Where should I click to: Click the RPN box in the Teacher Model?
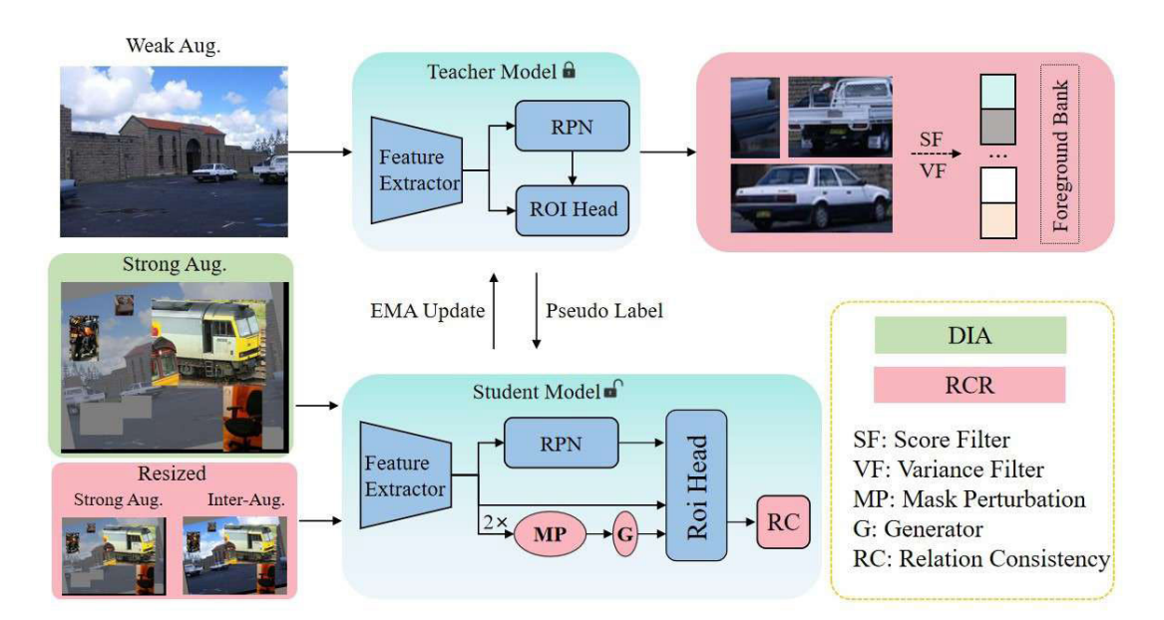coord(572,126)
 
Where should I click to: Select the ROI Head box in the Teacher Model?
coord(573,209)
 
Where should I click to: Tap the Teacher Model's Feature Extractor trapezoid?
coord(417,169)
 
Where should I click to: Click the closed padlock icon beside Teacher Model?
coord(569,71)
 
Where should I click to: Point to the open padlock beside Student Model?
coord(612,389)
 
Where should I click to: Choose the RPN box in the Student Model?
coord(562,443)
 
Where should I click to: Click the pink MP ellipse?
coord(550,534)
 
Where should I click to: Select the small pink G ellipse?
coord(625,534)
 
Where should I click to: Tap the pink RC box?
coord(783,522)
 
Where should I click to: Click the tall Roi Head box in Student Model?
coord(696,485)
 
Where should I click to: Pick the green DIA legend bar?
coord(970,335)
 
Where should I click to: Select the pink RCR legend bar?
coord(970,385)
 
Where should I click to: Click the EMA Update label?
coord(428,311)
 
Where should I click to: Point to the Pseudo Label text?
coord(604,311)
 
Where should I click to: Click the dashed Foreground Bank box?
coord(1059,155)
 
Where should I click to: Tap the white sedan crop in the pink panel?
coord(811,198)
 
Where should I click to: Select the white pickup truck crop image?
coord(840,118)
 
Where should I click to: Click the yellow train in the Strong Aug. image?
coord(208,340)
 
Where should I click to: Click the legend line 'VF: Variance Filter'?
coord(948,469)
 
